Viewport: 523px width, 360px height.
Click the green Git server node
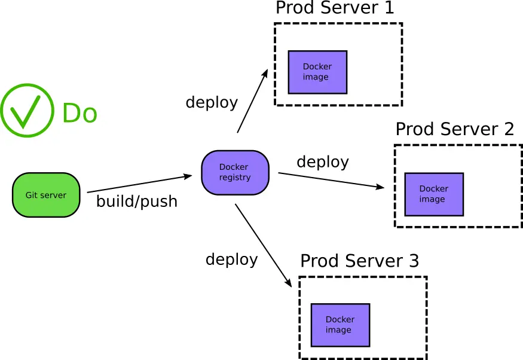tap(46, 195)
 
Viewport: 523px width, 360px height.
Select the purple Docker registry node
tap(235, 172)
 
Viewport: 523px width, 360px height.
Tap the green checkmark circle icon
tap(27, 110)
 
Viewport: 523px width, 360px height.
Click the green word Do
tap(79, 113)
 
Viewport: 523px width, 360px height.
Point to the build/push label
tap(137, 202)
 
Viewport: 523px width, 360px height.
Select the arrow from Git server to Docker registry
tap(139, 184)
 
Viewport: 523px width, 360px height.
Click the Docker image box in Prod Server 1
tap(317, 72)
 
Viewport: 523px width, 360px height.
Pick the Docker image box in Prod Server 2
tap(434, 194)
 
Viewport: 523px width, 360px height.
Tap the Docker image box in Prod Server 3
tap(340, 325)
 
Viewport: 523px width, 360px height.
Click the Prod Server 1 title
tap(335, 8)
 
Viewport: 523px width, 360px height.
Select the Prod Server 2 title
tap(455, 129)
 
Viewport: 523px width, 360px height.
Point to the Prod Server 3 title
tap(359, 261)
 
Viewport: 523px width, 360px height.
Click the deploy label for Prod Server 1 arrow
tap(212, 102)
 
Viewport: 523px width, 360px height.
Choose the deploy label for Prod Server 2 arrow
tap(323, 161)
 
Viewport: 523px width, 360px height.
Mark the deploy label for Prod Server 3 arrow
tap(231, 259)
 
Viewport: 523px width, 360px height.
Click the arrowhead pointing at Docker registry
tap(188, 176)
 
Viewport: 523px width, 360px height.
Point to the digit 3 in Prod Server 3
tap(414, 261)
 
